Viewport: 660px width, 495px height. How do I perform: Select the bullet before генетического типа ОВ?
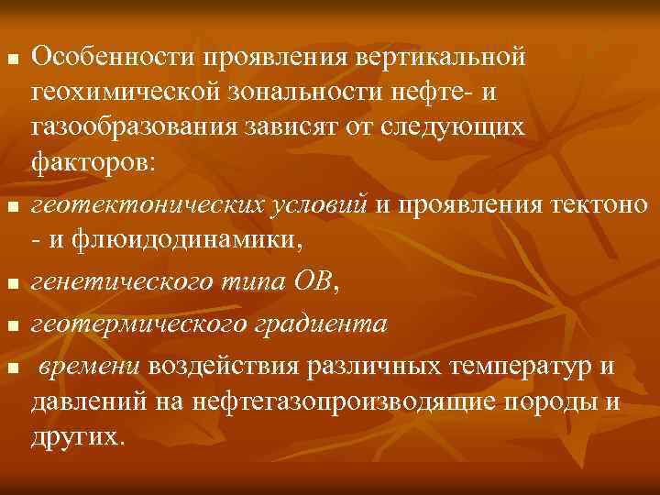(x=11, y=286)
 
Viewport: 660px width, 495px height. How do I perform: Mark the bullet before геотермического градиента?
(x=11, y=326)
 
